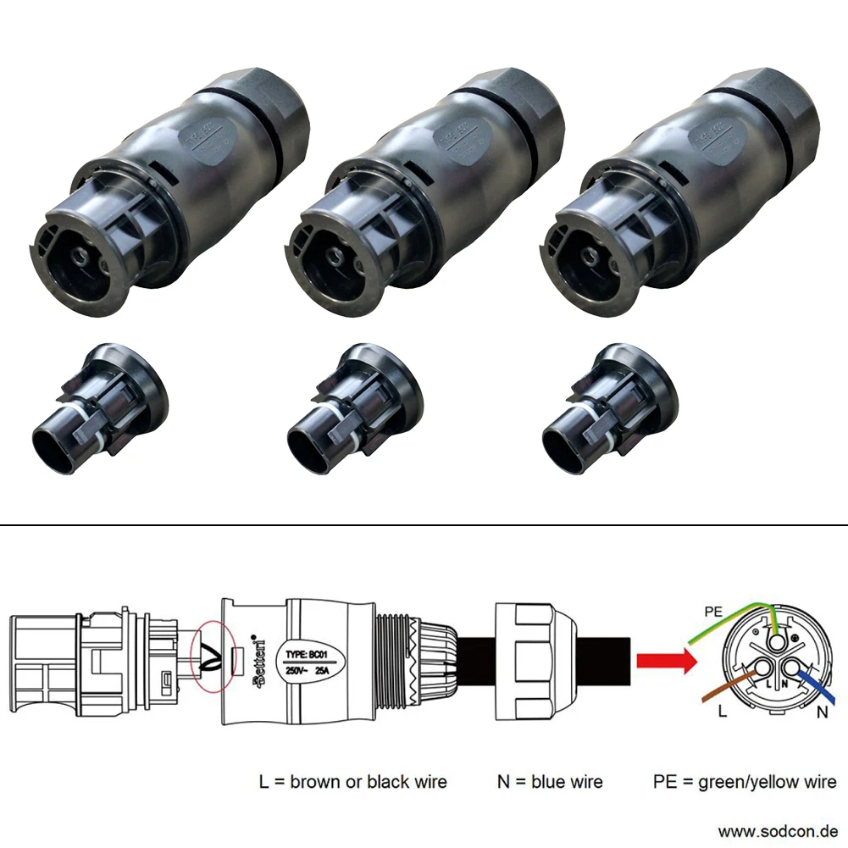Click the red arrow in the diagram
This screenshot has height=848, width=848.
(x=662, y=661)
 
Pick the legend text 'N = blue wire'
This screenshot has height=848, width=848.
(x=550, y=781)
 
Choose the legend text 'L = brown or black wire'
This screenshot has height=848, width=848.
(x=352, y=781)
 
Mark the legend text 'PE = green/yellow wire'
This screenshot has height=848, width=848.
(x=745, y=781)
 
